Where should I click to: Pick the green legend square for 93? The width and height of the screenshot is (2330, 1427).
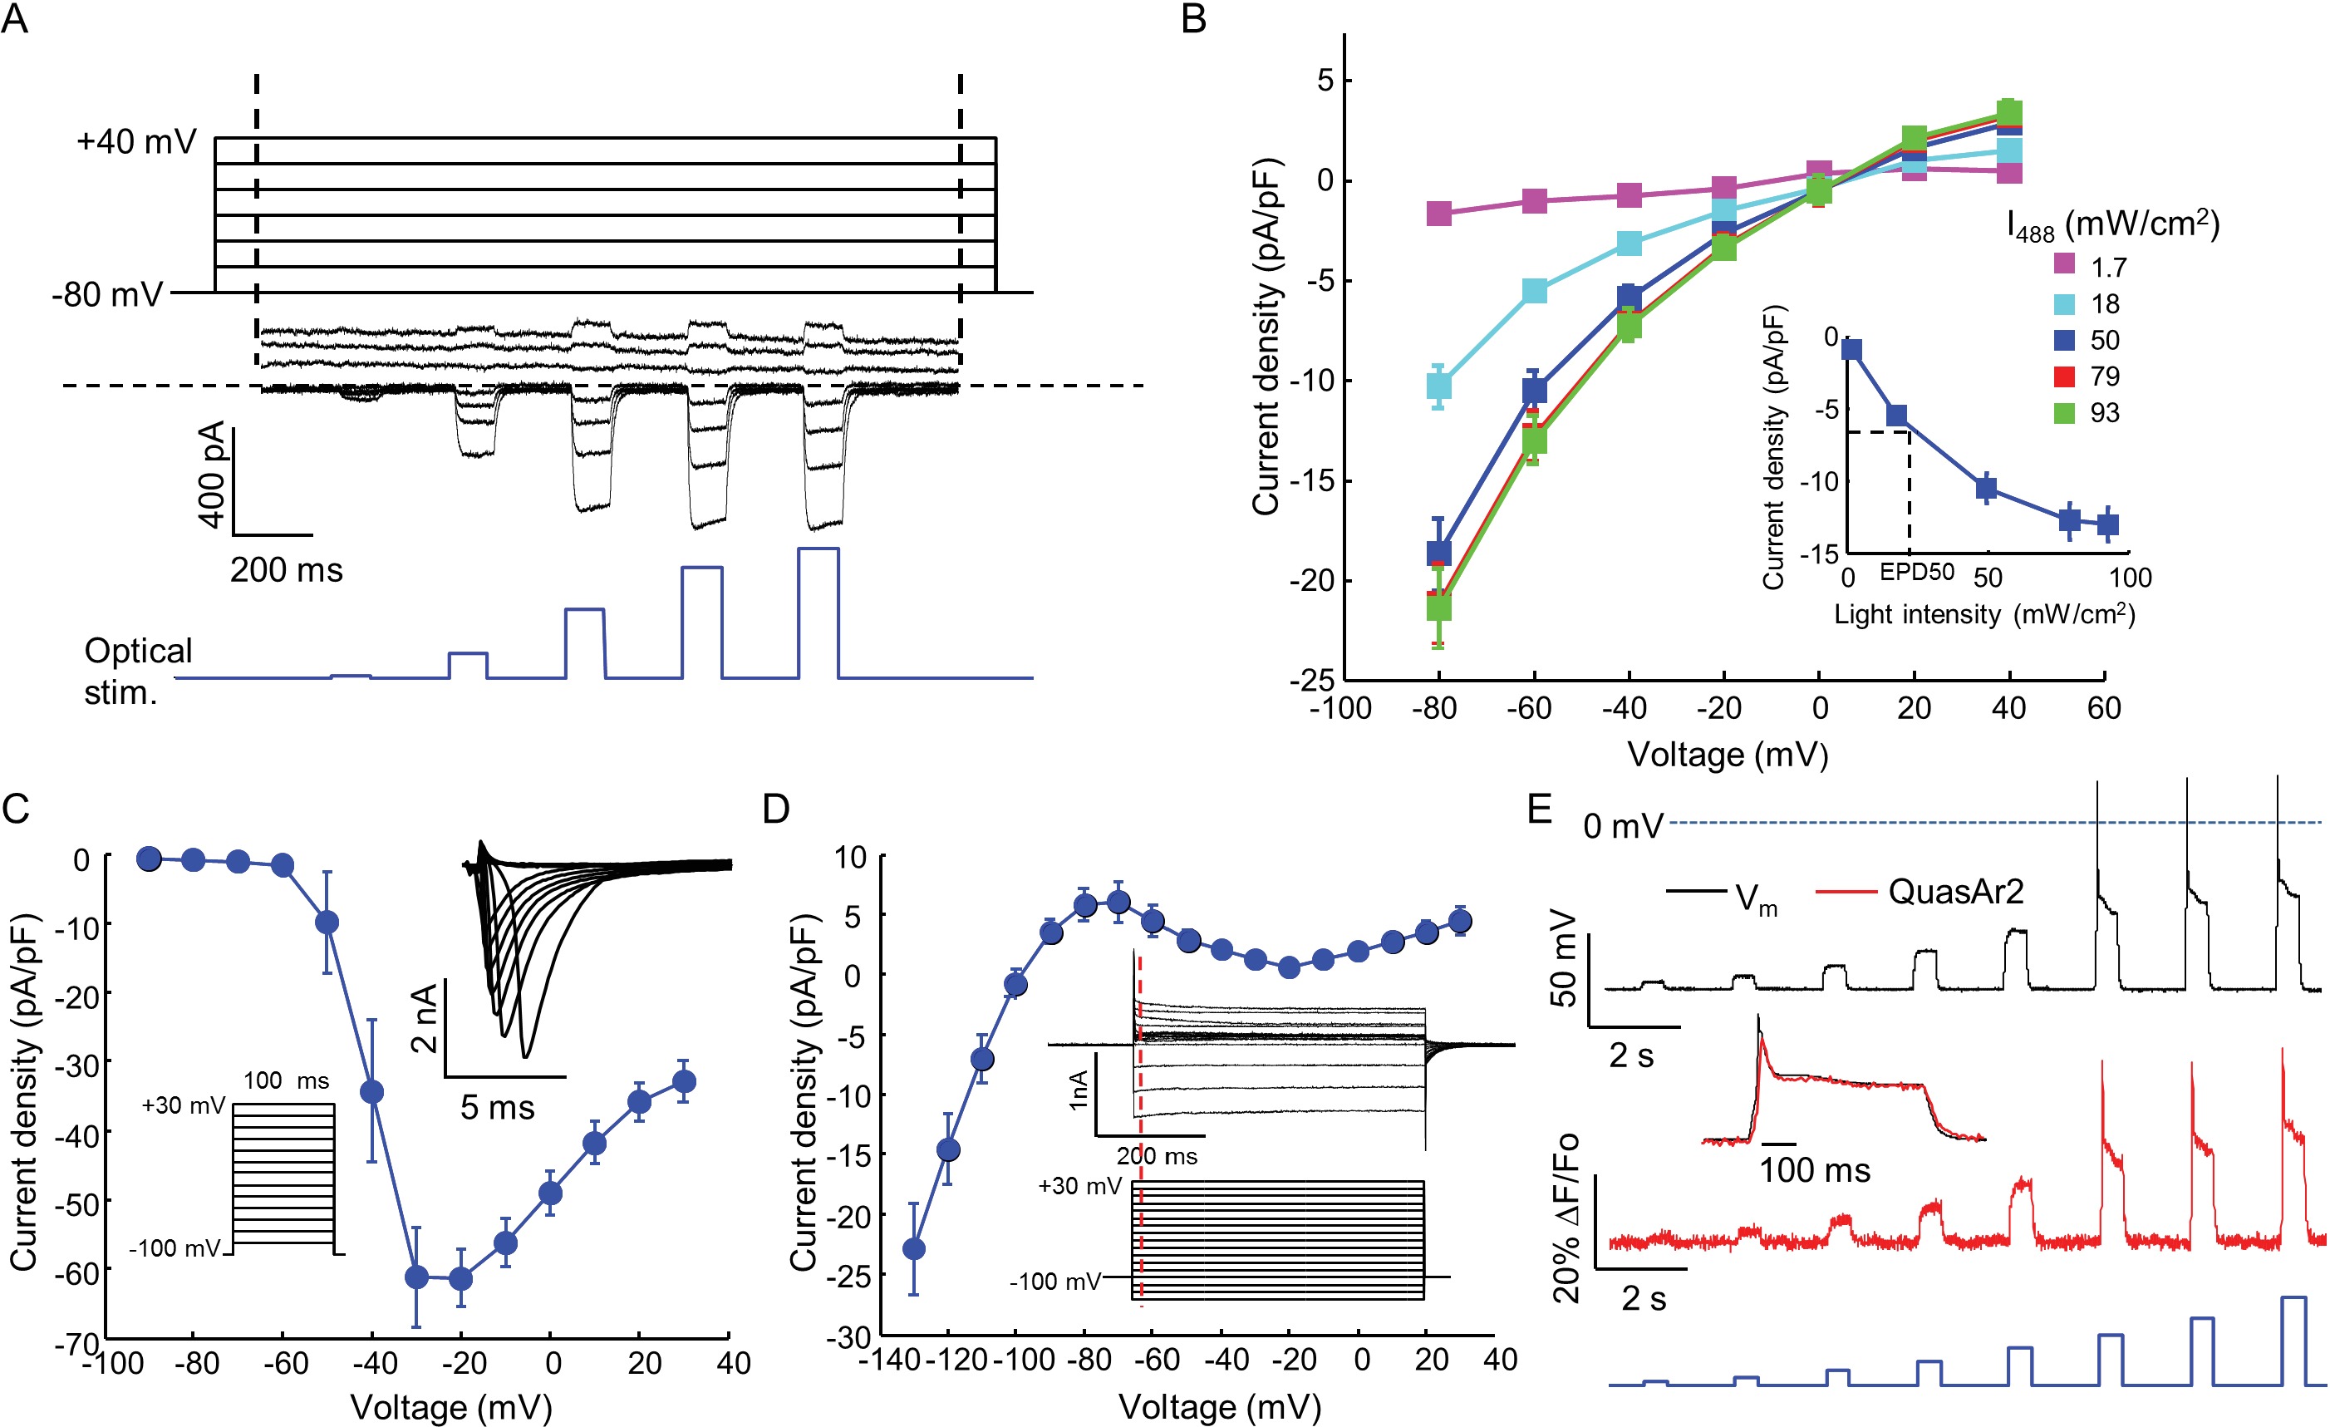2064,412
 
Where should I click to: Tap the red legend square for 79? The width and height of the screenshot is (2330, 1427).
2064,376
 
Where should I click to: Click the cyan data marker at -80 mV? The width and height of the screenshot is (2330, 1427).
1438,386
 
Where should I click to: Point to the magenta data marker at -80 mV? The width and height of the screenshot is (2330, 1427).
1438,213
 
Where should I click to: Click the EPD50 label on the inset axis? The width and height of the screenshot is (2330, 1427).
1916,572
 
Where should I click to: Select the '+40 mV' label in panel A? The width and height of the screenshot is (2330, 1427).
136,142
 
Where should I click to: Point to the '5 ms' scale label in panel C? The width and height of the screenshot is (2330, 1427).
498,1107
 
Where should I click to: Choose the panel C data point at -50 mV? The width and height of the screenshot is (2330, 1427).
327,922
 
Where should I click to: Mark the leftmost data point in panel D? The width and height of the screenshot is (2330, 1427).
913,1249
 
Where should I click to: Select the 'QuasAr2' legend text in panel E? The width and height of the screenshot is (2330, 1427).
1955,892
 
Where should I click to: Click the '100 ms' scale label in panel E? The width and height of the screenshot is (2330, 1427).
1814,1171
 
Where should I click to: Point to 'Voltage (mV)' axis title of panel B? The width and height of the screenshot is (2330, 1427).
1727,755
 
